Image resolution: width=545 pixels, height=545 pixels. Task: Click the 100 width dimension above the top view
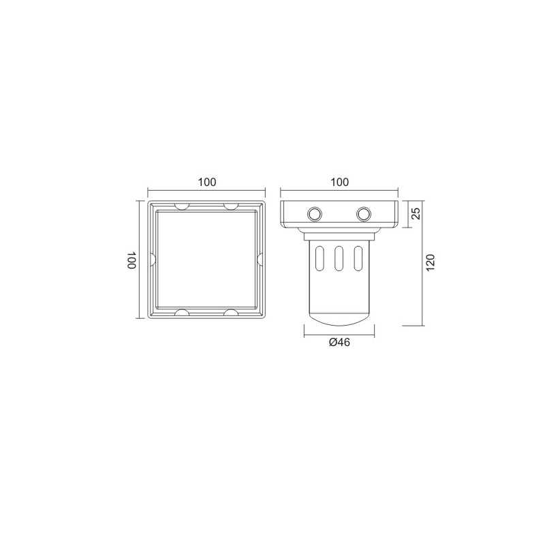click(207, 182)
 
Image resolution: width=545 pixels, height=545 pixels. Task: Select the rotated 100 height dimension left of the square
click(131, 260)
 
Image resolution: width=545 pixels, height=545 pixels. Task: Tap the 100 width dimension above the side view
click(339, 182)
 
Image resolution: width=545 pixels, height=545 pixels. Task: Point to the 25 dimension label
click(416, 213)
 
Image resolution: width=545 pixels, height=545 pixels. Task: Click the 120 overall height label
click(431, 263)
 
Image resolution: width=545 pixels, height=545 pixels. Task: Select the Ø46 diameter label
click(339, 343)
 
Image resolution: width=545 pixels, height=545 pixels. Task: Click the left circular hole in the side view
click(315, 214)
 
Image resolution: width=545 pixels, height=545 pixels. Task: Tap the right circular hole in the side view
click(364, 214)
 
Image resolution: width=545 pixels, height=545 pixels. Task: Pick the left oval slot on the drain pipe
click(320, 258)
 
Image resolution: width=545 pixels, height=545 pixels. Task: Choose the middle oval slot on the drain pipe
click(339, 258)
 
